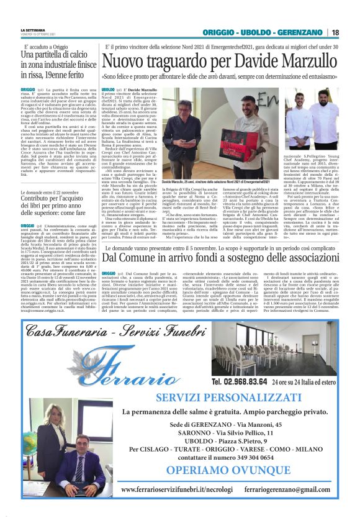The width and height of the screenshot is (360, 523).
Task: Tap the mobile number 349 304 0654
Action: click(x=248, y=457)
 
